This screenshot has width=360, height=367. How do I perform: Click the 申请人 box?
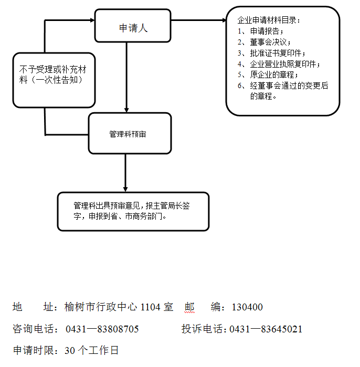click(133, 26)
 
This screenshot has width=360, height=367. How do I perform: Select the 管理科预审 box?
click(130, 134)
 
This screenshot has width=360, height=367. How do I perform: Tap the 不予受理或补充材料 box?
click(54, 79)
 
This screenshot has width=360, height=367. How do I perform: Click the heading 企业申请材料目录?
click(268, 20)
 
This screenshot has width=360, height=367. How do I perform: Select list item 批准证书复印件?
click(276, 53)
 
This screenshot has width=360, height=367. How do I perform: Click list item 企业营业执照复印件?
click(284, 64)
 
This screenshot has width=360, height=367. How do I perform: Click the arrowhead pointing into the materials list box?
click(223, 20)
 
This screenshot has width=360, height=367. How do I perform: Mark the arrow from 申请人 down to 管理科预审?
click(126, 79)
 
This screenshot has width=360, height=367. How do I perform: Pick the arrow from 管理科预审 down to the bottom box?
click(125, 173)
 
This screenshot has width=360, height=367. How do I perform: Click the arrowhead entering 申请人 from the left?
click(91, 20)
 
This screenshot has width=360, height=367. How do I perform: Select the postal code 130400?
click(247, 307)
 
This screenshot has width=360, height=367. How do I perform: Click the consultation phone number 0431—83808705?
click(102, 329)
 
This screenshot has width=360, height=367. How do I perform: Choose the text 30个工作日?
click(92, 350)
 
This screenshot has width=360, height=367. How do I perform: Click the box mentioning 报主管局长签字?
click(133, 211)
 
